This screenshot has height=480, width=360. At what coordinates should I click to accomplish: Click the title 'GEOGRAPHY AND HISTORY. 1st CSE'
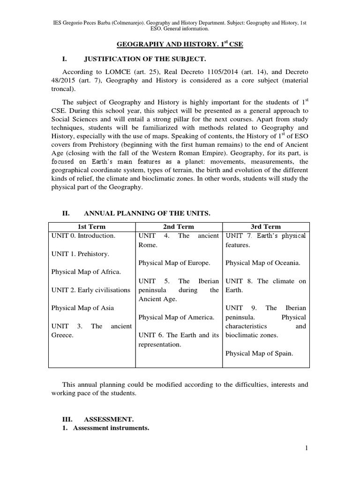coord(180,44)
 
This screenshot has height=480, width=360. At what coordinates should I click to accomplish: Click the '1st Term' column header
coord(91,226)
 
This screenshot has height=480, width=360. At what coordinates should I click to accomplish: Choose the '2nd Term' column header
coord(178,226)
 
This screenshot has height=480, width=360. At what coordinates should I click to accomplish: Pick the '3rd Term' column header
coord(265,226)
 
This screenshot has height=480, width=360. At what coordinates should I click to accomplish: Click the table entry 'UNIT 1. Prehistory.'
coord(80,254)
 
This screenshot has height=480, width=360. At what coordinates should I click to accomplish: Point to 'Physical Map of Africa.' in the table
coord(86,271)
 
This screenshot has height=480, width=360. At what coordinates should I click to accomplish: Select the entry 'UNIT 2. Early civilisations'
coord(90,290)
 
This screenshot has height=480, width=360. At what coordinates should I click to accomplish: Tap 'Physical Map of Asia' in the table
coord(82,308)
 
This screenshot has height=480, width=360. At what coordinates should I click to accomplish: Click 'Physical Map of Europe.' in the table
coord(174,263)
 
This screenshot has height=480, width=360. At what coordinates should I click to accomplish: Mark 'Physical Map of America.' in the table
coord(176,317)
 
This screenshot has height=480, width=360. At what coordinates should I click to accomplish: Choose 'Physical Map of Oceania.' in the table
coord(263,263)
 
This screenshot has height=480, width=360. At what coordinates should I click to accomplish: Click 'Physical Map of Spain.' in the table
coord(259,353)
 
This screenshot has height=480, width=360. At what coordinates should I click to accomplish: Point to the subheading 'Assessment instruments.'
coord(111,428)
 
